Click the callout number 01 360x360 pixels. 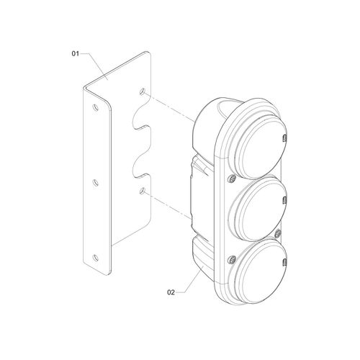(75, 53)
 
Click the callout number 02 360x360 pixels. (171, 292)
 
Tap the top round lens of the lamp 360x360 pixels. (261, 147)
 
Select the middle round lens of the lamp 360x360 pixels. (257, 208)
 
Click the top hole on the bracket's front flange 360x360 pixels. (96, 107)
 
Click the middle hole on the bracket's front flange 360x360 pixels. (96, 183)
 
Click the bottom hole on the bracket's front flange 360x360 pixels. (96, 258)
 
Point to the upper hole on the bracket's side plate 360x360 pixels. (142, 91)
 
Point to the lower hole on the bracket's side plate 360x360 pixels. (143, 191)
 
